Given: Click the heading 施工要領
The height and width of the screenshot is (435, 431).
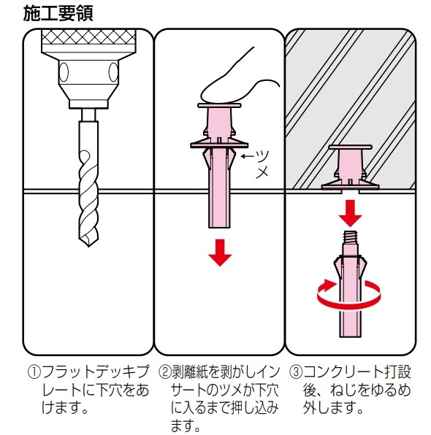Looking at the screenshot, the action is (58, 14).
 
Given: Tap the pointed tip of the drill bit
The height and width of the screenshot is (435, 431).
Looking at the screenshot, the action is (89, 246).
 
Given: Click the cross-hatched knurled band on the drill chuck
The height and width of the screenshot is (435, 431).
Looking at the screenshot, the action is (88, 37).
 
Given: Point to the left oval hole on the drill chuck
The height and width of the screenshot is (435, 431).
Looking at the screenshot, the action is (64, 72).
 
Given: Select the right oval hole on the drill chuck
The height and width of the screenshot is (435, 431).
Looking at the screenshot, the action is (113, 72).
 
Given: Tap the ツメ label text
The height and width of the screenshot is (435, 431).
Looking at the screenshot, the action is (262, 163).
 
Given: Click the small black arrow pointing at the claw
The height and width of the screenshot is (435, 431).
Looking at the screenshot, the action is (247, 156).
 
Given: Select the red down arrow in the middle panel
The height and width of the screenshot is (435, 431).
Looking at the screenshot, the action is (220, 253).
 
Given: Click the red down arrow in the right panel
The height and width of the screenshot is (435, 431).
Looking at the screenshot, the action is (351, 213).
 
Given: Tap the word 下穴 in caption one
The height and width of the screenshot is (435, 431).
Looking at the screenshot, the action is (108, 390).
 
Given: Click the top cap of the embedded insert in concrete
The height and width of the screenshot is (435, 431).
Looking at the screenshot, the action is (350, 147).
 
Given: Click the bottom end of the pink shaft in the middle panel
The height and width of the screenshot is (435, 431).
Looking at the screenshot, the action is (220, 227).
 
